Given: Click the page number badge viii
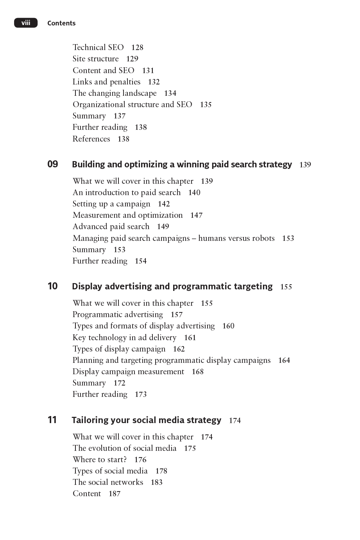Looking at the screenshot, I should [26, 23].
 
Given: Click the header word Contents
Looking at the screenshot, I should [61, 23].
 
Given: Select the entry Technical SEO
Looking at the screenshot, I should [98, 47].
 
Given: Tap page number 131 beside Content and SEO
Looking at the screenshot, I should [148, 71].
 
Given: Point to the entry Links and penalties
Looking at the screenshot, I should [106, 82].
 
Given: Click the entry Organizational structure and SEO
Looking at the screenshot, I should [132, 104].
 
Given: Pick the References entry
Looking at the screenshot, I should [91, 139].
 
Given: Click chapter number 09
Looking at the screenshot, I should [53, 164].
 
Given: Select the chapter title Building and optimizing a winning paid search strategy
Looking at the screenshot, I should [182, 165].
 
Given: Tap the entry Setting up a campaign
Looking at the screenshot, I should [111, 204].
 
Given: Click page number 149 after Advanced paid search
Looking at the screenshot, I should [163, 227].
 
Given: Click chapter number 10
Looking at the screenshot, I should [53, 286].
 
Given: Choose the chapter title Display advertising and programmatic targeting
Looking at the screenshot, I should [172, 287].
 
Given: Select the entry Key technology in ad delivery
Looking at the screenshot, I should [124, 337].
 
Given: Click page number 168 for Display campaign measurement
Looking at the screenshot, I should [198, 372].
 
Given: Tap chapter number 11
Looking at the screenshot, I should [52, 420].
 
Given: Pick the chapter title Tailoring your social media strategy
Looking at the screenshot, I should [146, 420].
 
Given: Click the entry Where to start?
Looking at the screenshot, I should [100, 459].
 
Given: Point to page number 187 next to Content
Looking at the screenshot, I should [115, 494].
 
